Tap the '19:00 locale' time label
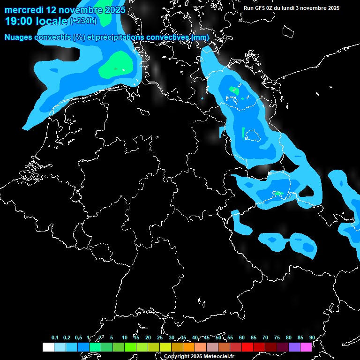pos(36,21)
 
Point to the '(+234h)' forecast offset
pos(83,21)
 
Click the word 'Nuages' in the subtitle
pos(19,37)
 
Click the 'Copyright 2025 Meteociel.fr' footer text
pos(199,356)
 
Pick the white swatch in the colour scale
pos(48,347)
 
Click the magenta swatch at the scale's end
pos(306,347)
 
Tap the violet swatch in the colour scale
pos(294,347)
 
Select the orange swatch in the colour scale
pos(189,347)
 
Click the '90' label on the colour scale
pos(312,337)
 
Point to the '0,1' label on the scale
pos(55,337)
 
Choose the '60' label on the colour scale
pos(242,337)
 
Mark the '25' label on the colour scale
pos(160,337)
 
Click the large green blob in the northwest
pos(115,66)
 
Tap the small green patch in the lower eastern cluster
pos(278,194)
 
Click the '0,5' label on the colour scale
pos(78,337)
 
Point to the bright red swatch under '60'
pos(247,347)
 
